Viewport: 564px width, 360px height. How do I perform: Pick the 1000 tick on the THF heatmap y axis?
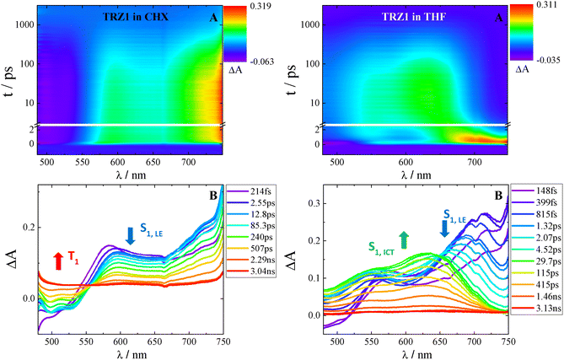306,25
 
